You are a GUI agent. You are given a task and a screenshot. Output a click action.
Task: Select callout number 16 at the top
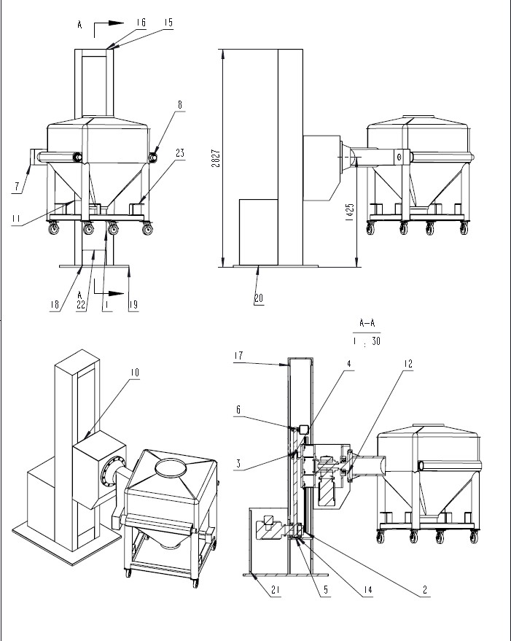(140, 23)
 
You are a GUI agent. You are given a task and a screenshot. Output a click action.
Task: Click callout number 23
(179, 153)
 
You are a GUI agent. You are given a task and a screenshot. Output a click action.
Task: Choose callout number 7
(16, 187)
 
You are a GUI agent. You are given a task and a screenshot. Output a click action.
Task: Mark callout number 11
(17, 217)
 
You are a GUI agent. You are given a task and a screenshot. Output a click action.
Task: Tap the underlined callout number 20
(259, 298)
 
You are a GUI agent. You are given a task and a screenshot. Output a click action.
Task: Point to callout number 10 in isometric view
(136, 373)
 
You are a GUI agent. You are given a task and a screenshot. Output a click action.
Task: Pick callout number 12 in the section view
(408, 362)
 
